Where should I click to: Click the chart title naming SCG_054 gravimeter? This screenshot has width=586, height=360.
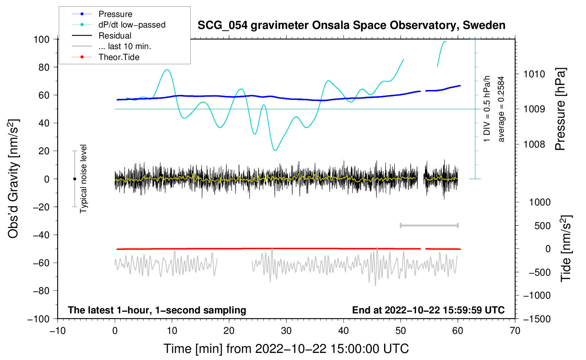tap(351, 25)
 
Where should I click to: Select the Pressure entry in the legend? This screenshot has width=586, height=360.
tap(115, 14)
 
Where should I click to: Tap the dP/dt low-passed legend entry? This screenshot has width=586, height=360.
tap(132, 25)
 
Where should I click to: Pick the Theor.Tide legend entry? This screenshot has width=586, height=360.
tap(119, 57)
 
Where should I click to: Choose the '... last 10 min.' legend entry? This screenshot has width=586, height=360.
tap(125, 46)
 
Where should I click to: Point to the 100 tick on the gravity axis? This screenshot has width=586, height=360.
tap(41, 39)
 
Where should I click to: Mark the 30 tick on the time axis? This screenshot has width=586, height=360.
tap(286, 331)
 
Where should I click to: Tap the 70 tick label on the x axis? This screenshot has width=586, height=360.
tap(515, 331)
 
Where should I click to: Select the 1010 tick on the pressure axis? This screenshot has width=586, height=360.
tap(534, 74)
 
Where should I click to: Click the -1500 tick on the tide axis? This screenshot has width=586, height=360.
tap(537, 319)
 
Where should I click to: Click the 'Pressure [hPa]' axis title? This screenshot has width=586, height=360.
tap(560, 109)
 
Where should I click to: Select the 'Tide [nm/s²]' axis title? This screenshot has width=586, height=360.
tap(566, 248)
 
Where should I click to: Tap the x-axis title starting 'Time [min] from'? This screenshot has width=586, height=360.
tap(286, 349)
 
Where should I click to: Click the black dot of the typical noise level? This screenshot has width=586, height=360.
tap(74, 179)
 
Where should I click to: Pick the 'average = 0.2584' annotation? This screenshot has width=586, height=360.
tap(501, 109)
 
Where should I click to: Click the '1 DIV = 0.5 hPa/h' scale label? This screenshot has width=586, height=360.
tap(487, 109)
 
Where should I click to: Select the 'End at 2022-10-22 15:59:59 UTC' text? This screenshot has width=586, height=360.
tap(428, 310)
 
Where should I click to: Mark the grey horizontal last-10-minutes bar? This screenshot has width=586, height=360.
tap(429, 225)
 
